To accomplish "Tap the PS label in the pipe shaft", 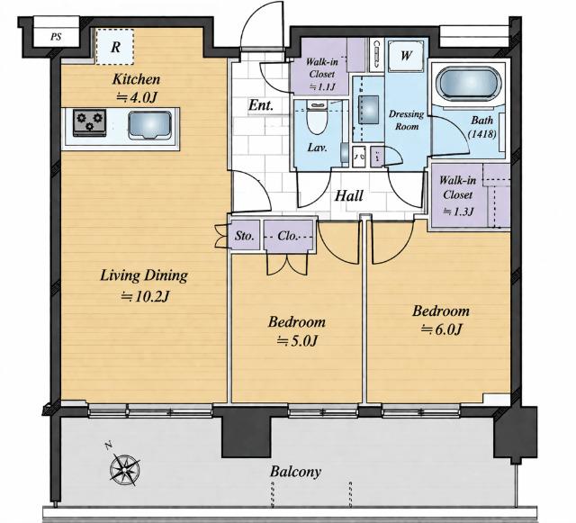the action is point(56,37).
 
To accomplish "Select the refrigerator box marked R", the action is point(114,47).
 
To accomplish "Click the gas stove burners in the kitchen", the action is point(89,122).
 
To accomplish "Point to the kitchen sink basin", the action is point(149,125).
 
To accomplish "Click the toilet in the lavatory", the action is point(317,118).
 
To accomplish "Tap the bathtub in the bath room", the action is point(468,84).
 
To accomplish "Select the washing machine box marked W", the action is point(406,56).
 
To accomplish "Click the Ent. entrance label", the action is point(261,106).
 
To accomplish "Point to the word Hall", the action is point(348,195).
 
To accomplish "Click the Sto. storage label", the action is point(244,236).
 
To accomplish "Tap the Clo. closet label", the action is point(288,236).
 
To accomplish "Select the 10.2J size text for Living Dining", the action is point(145,296).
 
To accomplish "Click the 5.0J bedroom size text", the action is point(296,342).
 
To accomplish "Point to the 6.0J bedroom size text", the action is point(441,329).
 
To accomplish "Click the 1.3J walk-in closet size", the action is point(458,212).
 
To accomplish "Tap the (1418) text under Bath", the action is point(482,134).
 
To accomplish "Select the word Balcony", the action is point(295,471).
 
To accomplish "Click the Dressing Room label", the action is point(406,121).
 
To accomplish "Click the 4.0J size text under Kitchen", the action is point(137,97).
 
